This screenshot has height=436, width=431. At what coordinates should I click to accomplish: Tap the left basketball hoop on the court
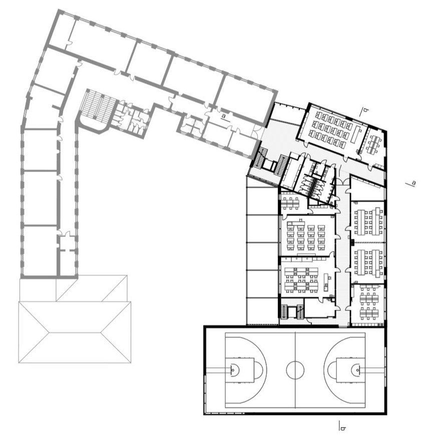(233, 369)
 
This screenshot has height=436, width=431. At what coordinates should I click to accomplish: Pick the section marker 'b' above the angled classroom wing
(364, 111)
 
